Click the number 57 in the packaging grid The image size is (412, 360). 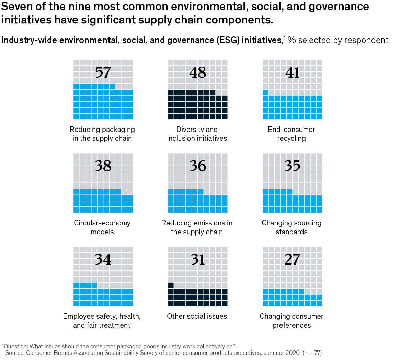click(103, 72)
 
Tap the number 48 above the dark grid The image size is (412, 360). click(198, 72)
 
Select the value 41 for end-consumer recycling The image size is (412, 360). click(293, 72)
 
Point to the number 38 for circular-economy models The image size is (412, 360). click(103, 166)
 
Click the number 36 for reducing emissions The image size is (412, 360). click(198, 166)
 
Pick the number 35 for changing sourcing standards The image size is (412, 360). click(293, 166)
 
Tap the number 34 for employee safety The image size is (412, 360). click(103, 259)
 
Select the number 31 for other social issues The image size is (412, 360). click(198, 259)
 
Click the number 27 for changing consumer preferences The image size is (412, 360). click(293, 259)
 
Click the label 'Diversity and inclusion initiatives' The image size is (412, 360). click(197, 134)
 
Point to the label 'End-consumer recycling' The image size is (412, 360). click(291, 134)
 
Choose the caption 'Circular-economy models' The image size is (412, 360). click(102, 227)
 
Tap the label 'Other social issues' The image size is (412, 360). click(197, 316)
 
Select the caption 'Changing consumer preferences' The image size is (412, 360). click(291, 321)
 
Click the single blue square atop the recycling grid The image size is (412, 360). click(265, 92)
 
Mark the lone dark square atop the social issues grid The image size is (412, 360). click(171, 285)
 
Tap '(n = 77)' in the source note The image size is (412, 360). click(312, 353)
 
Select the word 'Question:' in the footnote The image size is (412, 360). click(16, 346)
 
